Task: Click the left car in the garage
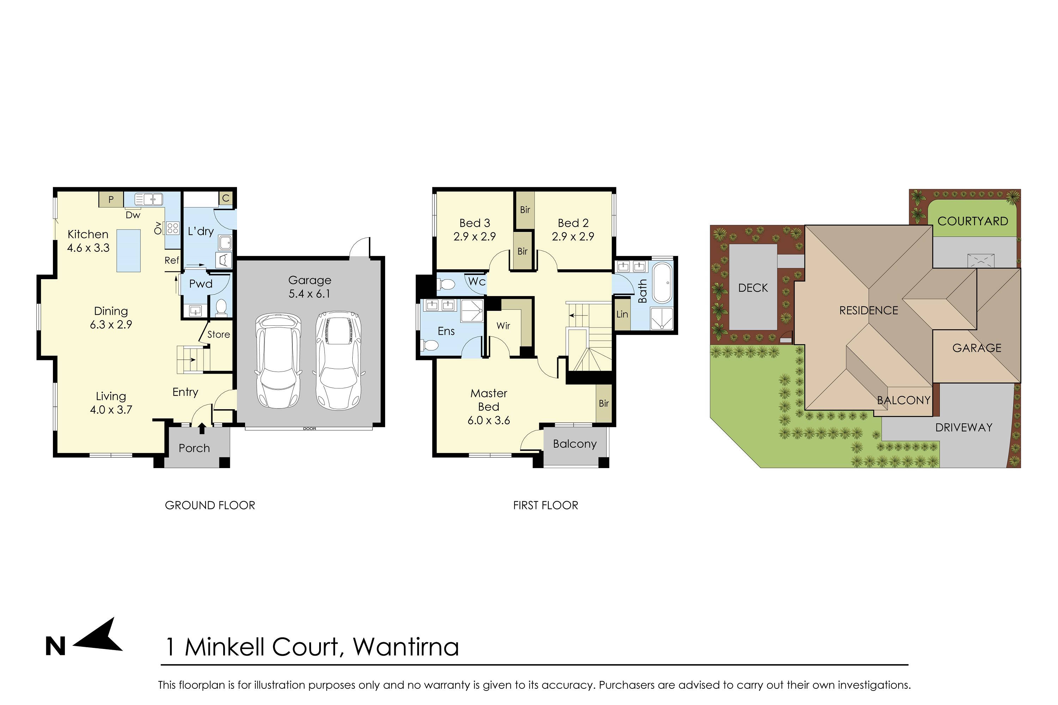click(x=278, y=361)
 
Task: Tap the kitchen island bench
click(x=129, y=250)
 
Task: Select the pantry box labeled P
click(x=111, y=199)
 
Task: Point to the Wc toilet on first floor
click(x=447, y=284)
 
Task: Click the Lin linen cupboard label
click(x=622, y=314)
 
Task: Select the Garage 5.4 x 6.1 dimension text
click(x=310, y=294)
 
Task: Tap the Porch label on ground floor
click(x=194, y=448)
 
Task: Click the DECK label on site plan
click(x=753, y=288)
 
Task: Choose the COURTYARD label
click(x=973, y=221)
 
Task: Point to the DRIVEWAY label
click(x=963, y=428)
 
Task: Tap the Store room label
click(x=219, y=335)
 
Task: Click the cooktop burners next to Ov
click(x=173, y=228)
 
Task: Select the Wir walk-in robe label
click(x=503, y=326)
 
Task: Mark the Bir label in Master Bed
click(x=604, y=403)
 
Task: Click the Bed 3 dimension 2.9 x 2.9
click(x=475, y=237)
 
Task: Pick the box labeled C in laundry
click(x=226, y=198)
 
